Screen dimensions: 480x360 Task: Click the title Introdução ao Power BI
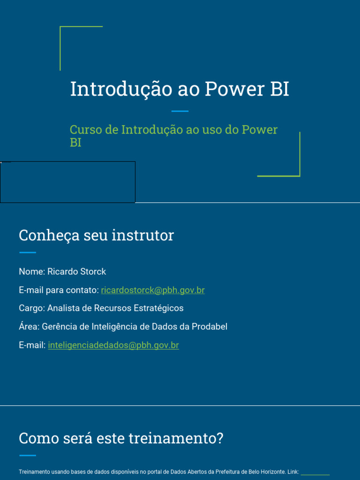click(180, 89)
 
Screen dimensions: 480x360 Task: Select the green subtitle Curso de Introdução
click(173, 130)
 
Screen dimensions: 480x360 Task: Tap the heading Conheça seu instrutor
click(96, 235)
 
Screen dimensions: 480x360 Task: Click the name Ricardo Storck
click(77, 272)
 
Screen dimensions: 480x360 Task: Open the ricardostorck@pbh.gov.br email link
click(153, 290)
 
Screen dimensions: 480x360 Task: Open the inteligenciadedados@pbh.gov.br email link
click(113, 345)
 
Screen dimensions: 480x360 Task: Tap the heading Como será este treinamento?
click(121, 439)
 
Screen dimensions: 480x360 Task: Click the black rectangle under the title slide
click(67, 182)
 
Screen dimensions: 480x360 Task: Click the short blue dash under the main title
click(180, 111)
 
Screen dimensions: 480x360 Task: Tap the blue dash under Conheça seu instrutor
click(27, 253)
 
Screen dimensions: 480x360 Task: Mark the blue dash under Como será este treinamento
click(27, 455)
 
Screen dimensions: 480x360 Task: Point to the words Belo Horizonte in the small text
click(266, 472)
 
